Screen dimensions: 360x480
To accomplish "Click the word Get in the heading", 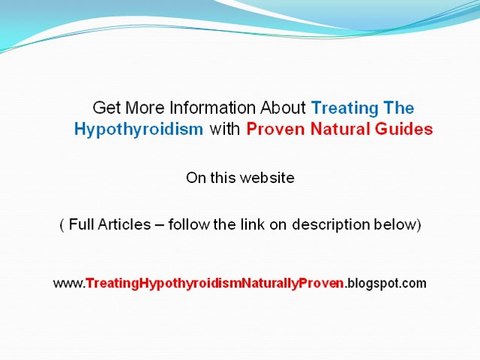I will coord(105,107).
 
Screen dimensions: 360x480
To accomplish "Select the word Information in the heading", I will coord(202,107).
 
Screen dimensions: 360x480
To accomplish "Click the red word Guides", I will coord(403,129).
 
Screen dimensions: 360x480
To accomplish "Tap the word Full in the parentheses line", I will coord(82,225).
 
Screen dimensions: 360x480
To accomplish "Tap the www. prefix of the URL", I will coord(68,283).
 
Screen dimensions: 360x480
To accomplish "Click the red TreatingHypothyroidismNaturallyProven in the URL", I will coord(215,283).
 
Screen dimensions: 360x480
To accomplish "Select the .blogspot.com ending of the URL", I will coord(386,283).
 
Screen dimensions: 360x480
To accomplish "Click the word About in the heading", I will coord(283,107).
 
